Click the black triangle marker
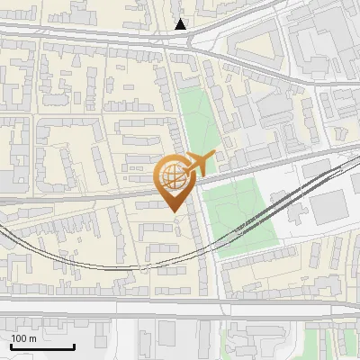point(181,24)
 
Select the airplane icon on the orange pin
point(197,165)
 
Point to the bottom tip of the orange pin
point(174,211)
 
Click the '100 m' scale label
point(23,338)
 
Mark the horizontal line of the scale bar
point(42,347)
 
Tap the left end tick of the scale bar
point(11,346)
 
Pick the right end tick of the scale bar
point(74,346)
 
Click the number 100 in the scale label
point(19,338)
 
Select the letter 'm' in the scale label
point(32,338)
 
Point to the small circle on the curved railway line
point(144,269)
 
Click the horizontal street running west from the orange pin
point(81,193)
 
